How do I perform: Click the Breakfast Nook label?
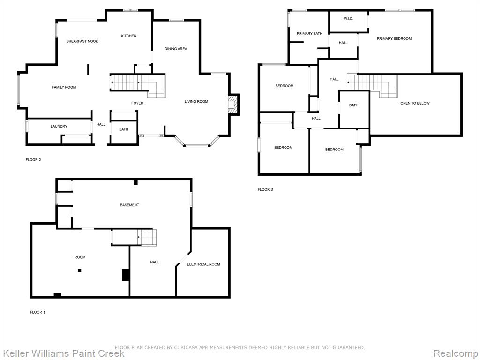coord(82,41)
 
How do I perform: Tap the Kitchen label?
coord(128,36)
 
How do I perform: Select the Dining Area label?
coord(176,49)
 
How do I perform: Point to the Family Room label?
coord(64,87)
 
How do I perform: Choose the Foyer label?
coord(137,103)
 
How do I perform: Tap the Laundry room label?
coord(59,126)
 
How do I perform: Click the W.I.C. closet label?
coord(348,19)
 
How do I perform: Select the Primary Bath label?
coord(309,34)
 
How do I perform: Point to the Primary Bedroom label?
coord(394,39)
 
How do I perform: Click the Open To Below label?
coord(415,103)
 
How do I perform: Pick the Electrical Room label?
coord(203,264)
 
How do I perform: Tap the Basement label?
coord(129,205)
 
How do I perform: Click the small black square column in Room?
coord(80,270)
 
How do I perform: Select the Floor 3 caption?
coord(265,189)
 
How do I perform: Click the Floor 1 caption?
coord(37,312)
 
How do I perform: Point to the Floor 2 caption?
coord(33,160)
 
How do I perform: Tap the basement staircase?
coord(147,237)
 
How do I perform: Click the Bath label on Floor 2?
coord(124,129)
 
